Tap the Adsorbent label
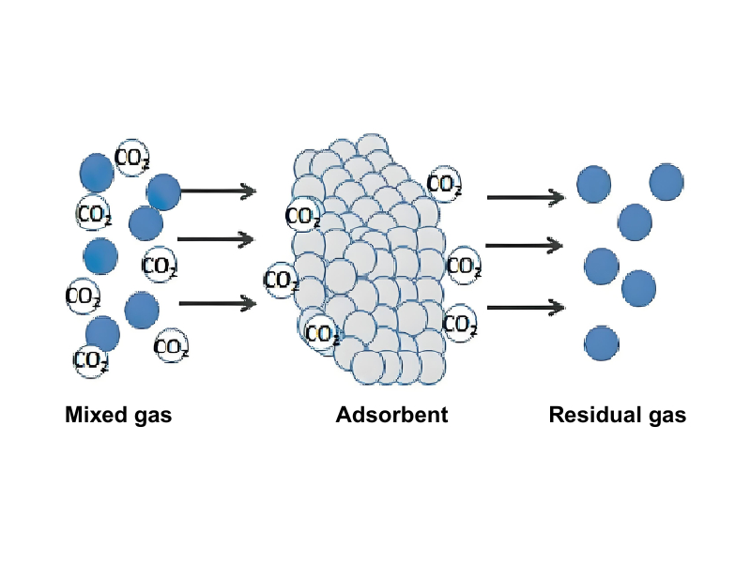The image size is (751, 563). coord(391,415)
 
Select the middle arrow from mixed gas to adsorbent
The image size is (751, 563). coord(216,239)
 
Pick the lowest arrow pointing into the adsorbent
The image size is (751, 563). coord(217,302)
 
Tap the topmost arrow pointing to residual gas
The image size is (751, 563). coord(525,197)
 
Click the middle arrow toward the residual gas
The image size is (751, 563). coord(525,246)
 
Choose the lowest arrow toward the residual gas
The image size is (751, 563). coord(525,307)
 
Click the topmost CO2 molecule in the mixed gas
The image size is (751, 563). coord(131,159)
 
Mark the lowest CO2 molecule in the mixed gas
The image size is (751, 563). coord(92,359)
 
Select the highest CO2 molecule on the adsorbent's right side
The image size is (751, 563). coord(444,184)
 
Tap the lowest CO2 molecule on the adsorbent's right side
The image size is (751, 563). coord(460,325)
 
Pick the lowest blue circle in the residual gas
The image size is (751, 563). coord(601,343)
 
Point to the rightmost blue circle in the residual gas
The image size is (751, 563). coord(668,181)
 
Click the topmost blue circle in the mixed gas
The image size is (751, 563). coord(97,173)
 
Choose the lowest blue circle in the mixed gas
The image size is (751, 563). coord(102,333)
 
